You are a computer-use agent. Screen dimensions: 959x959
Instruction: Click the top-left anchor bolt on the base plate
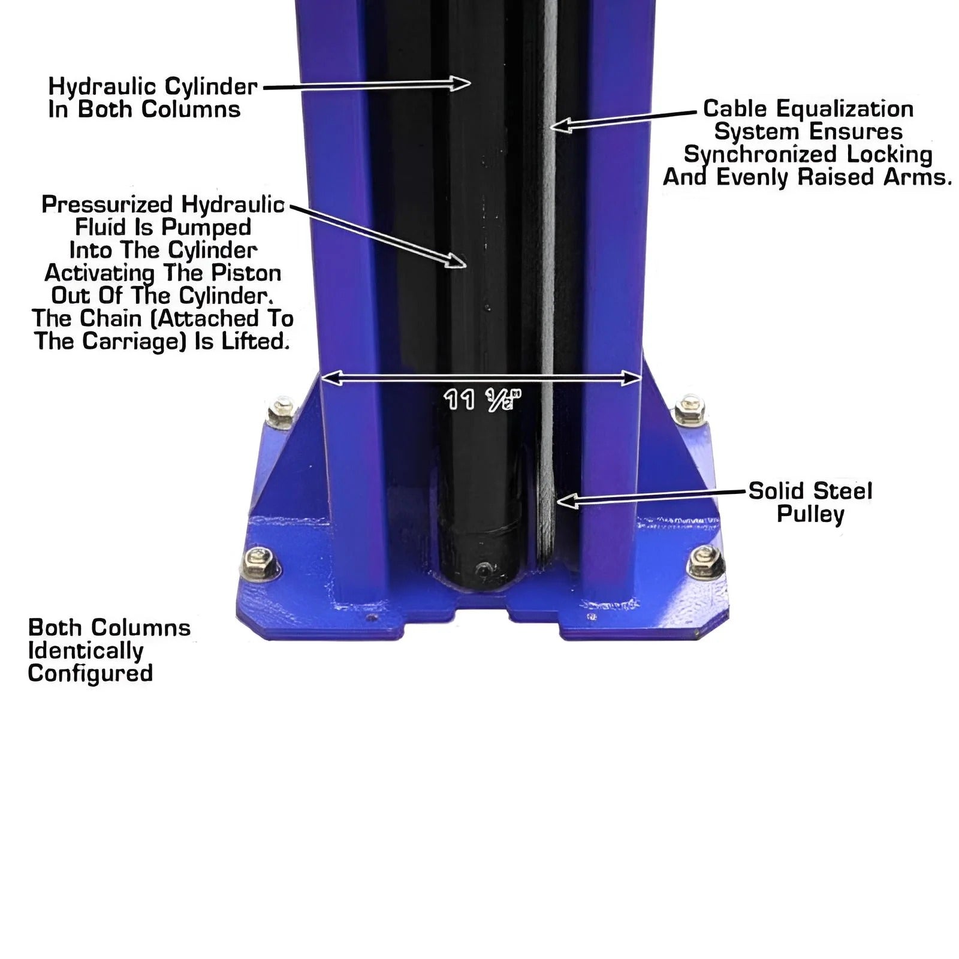280,411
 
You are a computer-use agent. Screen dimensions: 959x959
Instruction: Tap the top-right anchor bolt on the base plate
689,410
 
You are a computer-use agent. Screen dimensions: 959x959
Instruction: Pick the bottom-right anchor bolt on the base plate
705,562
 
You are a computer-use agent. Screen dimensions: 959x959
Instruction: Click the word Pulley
810,514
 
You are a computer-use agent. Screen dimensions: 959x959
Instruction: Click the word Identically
86,651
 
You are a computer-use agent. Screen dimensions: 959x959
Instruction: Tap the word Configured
91,674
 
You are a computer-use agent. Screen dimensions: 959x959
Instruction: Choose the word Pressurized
107,205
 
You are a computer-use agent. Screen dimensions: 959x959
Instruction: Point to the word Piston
246,273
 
